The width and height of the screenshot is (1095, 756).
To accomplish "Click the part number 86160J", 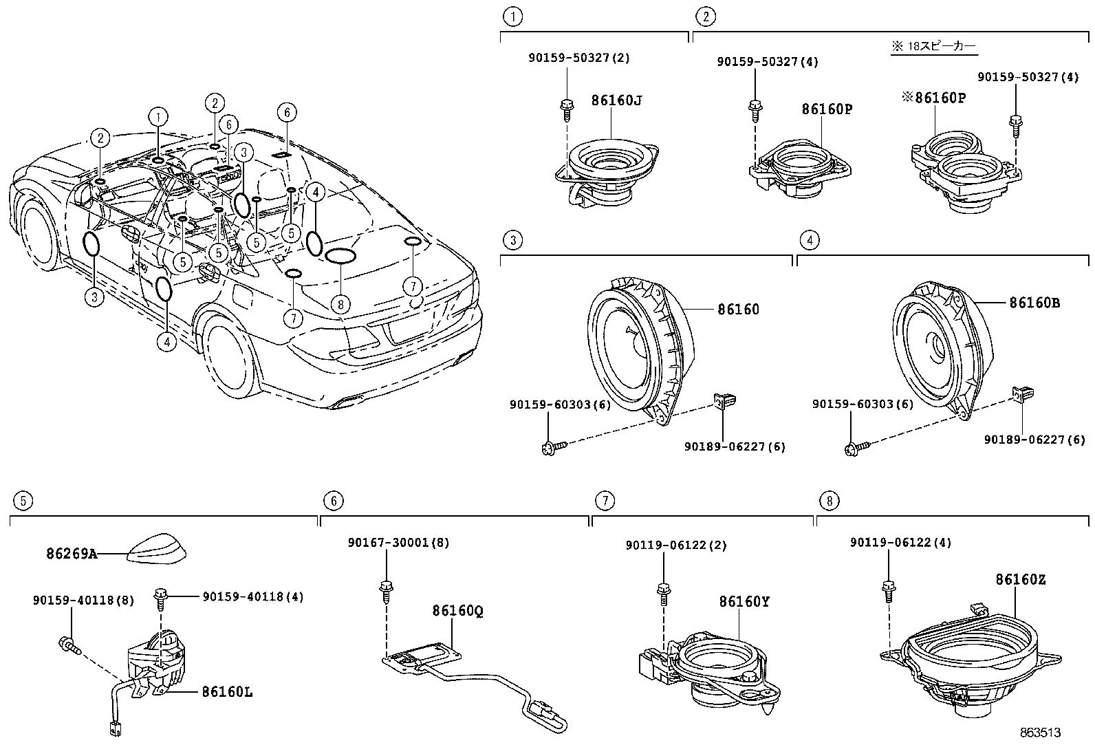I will [x=616, y=100].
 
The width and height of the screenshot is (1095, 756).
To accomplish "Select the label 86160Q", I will [x=457, y=611].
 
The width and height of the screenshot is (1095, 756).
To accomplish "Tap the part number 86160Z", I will [x=1020, y=580].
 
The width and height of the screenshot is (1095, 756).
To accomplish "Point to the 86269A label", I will [x=72, y=553].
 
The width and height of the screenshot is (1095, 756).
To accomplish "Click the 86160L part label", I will [x=227, y=692].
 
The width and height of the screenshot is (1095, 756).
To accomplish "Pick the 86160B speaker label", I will [x=1034, y=302].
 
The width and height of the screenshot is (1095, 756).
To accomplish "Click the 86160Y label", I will [x=744, y=602].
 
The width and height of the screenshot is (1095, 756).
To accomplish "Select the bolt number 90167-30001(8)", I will [x=398, y=543].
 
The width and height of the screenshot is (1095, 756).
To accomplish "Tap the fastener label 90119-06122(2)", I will [x=675, y=546].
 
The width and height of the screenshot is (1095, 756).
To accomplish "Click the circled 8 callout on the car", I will [x=340, y=303].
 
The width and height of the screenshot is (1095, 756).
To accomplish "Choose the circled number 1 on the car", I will [x=158, y=117].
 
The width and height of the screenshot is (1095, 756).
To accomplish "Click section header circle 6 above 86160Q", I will [x=333, y=501].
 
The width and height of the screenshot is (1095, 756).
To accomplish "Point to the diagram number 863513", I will [x=1040, y=733].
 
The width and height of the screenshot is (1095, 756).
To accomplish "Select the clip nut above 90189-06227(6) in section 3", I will [x=725, y=400].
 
